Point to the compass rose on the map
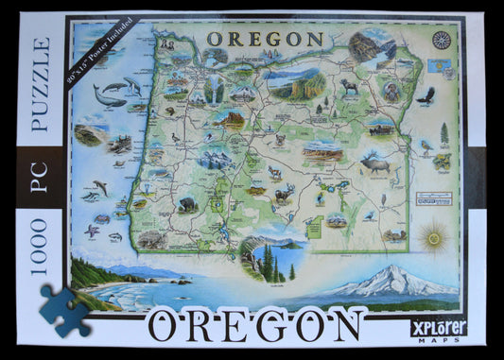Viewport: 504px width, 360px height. tap(441, 40)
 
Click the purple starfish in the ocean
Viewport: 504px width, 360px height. tap(92, 230)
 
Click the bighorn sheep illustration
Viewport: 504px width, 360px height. tap(349, 86)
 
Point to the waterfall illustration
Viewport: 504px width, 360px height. tap(215, 89)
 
